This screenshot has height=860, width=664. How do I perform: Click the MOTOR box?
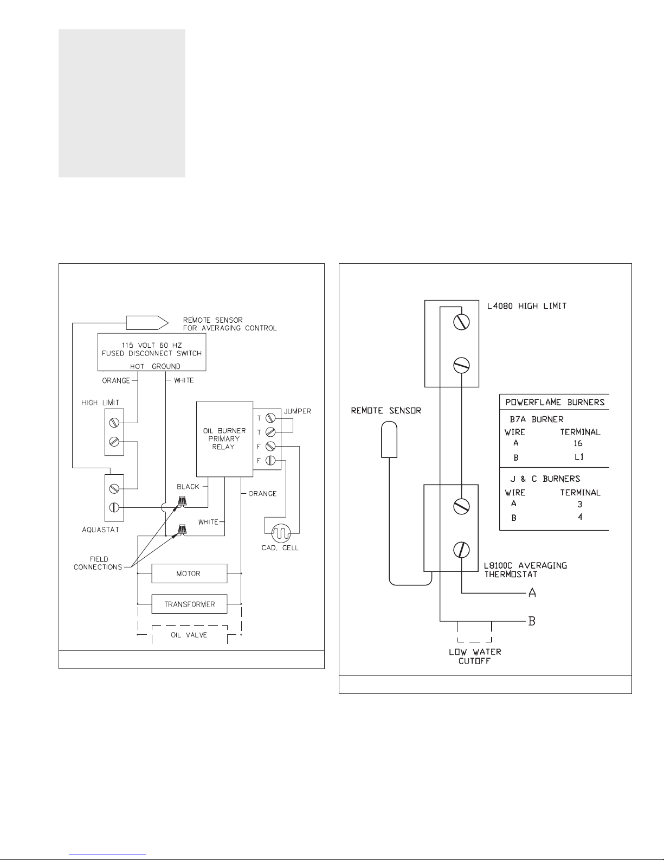[189, 574]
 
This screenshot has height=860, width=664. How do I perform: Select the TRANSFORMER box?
[189, 604]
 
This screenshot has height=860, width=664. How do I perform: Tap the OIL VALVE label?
[189, 635]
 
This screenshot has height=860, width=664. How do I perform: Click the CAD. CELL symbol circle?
[281, 533]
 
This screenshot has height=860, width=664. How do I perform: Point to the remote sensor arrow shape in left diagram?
[147, 323]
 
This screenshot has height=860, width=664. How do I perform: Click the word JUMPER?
[297, 411]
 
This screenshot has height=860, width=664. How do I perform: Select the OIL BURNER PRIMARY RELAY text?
[224, 438]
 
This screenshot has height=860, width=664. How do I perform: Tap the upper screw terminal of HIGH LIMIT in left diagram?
[114, 423]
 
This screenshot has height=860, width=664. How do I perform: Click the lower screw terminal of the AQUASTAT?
[114, 507]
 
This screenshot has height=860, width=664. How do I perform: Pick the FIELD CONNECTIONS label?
[98, 563]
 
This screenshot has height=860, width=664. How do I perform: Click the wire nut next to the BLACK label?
[182, 501]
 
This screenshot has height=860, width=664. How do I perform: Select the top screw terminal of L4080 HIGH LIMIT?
[461, 322]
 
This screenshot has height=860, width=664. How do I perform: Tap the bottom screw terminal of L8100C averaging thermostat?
[461, 549]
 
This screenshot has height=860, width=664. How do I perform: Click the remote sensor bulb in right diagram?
[389, 439]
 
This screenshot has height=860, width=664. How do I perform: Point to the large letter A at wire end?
[532, 593]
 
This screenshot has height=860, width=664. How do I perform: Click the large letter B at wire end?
[532, 621]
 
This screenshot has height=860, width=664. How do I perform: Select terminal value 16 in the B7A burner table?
[578, 443]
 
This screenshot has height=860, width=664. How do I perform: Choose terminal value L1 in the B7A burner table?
[579, 457]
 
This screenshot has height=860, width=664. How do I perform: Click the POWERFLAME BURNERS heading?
[555, 402]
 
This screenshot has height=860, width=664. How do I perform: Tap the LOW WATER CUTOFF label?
[475, 656]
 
